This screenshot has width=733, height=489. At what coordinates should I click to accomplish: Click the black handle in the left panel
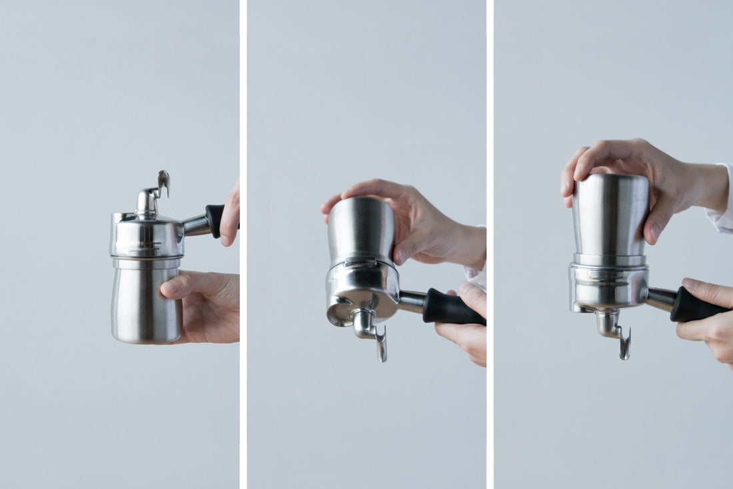[x=215, y=220]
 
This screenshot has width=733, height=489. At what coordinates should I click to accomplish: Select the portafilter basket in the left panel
[x=147, y=237]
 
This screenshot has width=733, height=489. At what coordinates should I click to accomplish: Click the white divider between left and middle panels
[x=243, y=244]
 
